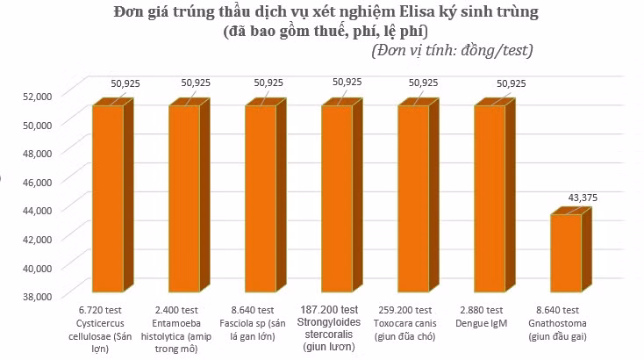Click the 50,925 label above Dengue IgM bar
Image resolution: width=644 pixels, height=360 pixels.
click(511, 83)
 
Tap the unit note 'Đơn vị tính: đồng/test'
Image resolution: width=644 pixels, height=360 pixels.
click(452, 51)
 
